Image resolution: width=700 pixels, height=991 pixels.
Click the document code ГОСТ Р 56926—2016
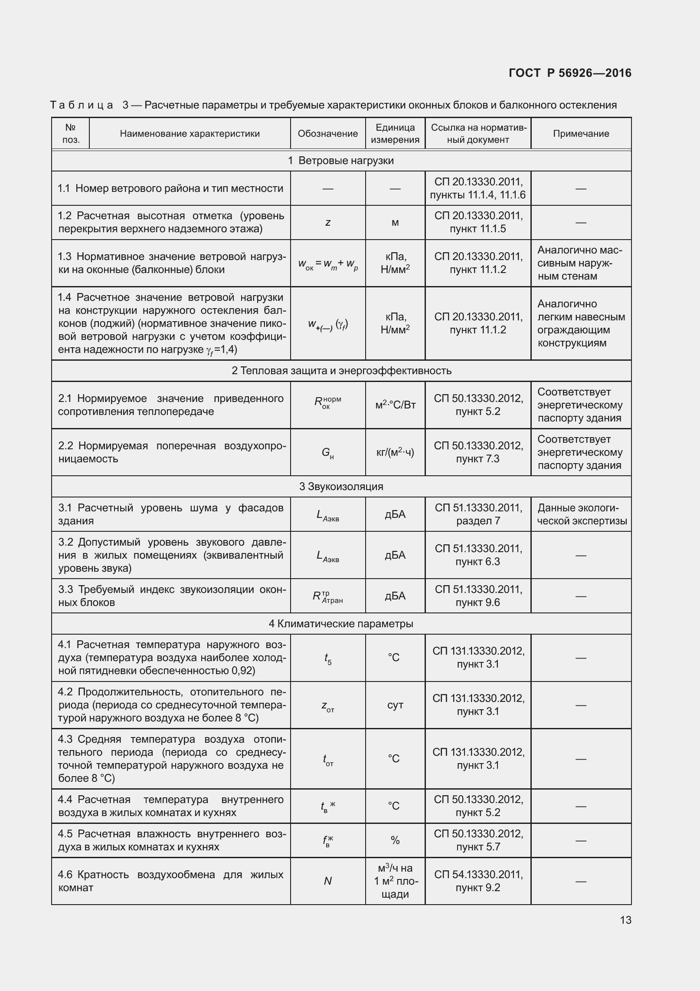[570, 73]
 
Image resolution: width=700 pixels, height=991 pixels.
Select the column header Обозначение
[327, 134]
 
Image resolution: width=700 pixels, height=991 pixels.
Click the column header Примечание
[581, 134]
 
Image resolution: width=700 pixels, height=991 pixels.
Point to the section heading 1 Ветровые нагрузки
[341, 161]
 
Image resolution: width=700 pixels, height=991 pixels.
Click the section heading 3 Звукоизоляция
[341, 486]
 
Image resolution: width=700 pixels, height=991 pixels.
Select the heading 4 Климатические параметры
[341, 623]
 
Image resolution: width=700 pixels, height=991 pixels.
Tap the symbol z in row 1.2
[328, 223]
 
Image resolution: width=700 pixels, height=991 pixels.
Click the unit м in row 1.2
[395, 223]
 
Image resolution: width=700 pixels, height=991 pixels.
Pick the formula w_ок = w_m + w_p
[328, 263]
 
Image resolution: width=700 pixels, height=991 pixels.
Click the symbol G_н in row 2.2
[328, 453]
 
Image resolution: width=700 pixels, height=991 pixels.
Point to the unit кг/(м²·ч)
[395, 452]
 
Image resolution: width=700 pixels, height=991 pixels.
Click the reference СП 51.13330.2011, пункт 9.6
[478, 596]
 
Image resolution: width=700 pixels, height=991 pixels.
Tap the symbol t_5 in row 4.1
[328, 658]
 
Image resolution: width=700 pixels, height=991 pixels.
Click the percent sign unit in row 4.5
[395, 840]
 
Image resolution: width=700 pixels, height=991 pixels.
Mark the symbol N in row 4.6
[328, 881]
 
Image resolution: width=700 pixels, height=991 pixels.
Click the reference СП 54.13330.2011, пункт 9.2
[478, 881]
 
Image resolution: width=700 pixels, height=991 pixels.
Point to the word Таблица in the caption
[82, 105]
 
